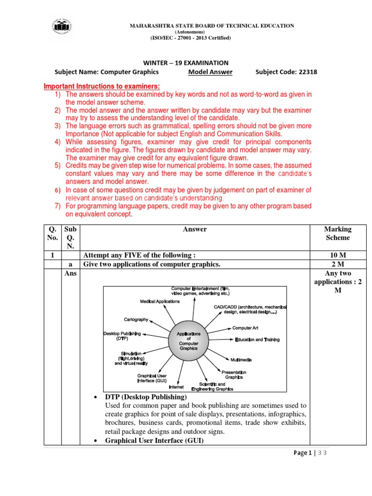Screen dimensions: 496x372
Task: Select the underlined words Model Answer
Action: coord(210,72)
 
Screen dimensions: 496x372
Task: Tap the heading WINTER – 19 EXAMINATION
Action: coord(186,62)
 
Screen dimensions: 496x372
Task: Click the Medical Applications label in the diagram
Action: coord(160,301)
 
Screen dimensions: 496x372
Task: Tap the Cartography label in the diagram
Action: coord(137,320)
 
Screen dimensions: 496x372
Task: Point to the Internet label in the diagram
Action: coord(176,387)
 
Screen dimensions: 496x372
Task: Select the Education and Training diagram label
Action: coord(257,340)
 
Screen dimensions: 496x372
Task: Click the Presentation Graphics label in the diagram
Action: coord(234,374)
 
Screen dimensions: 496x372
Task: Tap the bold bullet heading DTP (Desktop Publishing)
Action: coord(145,397)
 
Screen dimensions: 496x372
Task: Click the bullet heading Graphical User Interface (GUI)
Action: coord(154,440)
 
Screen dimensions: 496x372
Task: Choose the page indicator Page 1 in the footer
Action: coord(303,453)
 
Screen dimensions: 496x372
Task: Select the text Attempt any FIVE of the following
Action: coord(140,255)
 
